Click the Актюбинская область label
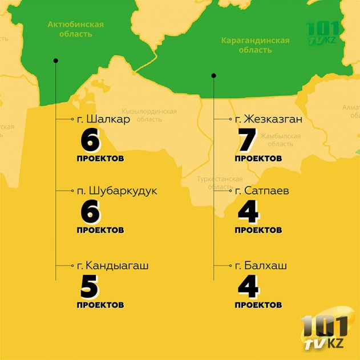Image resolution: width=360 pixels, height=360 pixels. [75, 29]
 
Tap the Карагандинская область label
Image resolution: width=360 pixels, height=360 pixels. [255, 45]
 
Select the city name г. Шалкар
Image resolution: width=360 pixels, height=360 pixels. [103, 120]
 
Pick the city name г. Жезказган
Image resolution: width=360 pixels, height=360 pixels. [268, 120]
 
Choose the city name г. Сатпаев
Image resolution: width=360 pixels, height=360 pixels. [261, 191]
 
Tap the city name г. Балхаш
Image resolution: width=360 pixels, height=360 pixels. [260, 266]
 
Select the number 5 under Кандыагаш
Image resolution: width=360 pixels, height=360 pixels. [90, 286]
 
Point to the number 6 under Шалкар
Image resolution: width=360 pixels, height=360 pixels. [90, 140]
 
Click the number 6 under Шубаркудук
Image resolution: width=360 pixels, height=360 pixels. [90, 212]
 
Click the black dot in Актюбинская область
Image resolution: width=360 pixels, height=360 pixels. [55, 60]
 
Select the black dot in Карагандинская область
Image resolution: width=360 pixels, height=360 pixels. [213, 75]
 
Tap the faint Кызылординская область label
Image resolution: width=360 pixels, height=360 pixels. [149, 115]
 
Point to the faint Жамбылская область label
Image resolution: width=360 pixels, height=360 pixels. [280, 140]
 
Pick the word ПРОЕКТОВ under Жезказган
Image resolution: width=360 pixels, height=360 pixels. [258, 158]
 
